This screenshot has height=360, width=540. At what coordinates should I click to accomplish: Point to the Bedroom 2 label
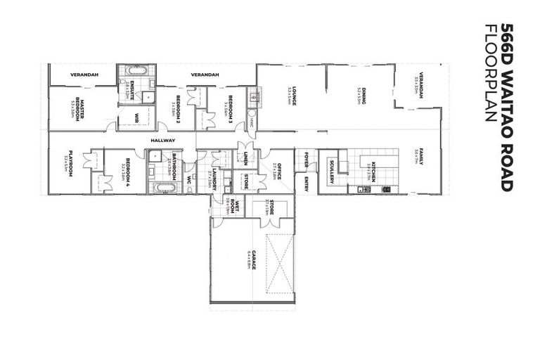pyautogui.click(x=179, y=107)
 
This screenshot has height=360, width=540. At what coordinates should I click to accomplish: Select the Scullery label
pyautogui.click(x=330, y=173)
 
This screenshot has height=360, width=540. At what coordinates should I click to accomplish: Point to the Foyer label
pyautogui.click(x=307, y=160)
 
